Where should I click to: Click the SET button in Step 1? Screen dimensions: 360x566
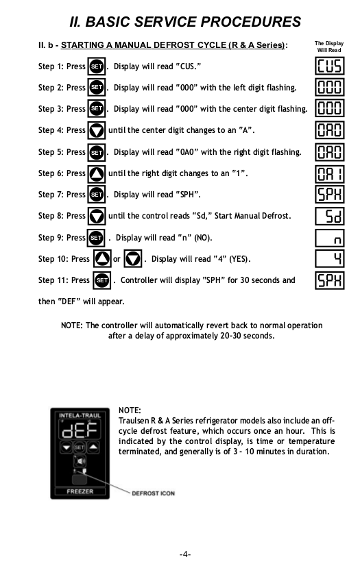tap(97, 66)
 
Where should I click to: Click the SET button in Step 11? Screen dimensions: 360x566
tap(101, 280)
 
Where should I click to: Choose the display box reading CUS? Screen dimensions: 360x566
tap(329, 66)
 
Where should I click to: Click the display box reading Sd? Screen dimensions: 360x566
tap(329, 216)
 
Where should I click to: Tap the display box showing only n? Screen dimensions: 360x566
tap(329, 237)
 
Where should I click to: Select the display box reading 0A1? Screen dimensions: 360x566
tap(329, 173)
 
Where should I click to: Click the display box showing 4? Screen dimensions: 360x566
tap(329, 259)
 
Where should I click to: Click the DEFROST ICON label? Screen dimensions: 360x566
tap(153, 494)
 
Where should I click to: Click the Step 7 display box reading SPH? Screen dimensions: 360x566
tap(329, 195)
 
